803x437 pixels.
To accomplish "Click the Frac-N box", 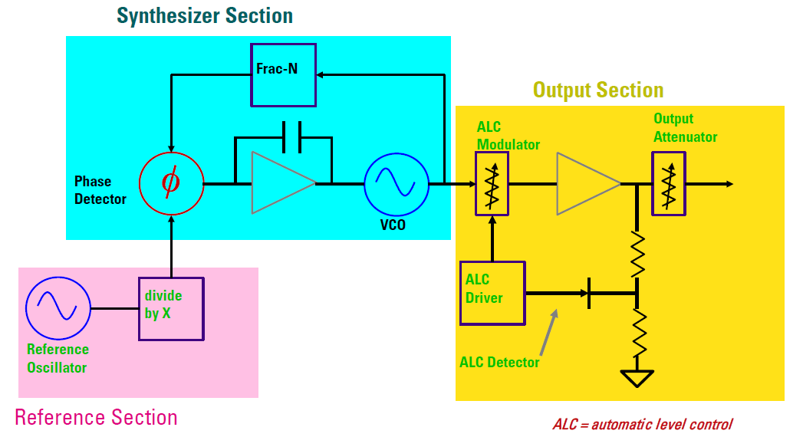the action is click(x=283, y=75).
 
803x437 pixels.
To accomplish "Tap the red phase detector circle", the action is click(x=172, y=183).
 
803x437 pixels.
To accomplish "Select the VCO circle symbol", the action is click(x=397, y=184).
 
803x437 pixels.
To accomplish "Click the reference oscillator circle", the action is click(x=58, y=308).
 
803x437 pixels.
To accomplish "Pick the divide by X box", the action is click(x=172, y=309).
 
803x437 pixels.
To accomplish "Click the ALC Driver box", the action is click(x=492, y=293).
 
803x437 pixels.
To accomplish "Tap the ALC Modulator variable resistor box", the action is click(x=492, y=184).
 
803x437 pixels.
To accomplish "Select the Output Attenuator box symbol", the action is click(x=668, y=184).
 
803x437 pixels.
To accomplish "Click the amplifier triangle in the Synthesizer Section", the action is click(x=283, y=182).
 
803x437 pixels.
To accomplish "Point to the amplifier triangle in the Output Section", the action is click(x=588, y=183).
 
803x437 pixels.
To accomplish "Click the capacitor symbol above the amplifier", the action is click(x=292, y=137).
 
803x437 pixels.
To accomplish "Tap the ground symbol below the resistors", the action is click(x=637, y=378).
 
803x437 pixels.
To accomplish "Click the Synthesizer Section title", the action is click(x=205, y=16).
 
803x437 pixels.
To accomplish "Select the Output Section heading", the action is click(x=598, y=90).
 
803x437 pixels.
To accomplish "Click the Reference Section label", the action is click(x=97, y=418).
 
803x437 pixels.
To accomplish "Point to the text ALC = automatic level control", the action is click(x=643, y=424).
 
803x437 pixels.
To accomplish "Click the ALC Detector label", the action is click(x=499, y=363).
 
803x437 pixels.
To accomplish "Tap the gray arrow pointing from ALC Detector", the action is click(x=548, y=332).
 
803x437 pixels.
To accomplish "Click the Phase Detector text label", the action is click(x=100, y=190).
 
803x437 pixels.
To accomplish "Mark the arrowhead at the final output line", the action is click(x=729, y=184).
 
